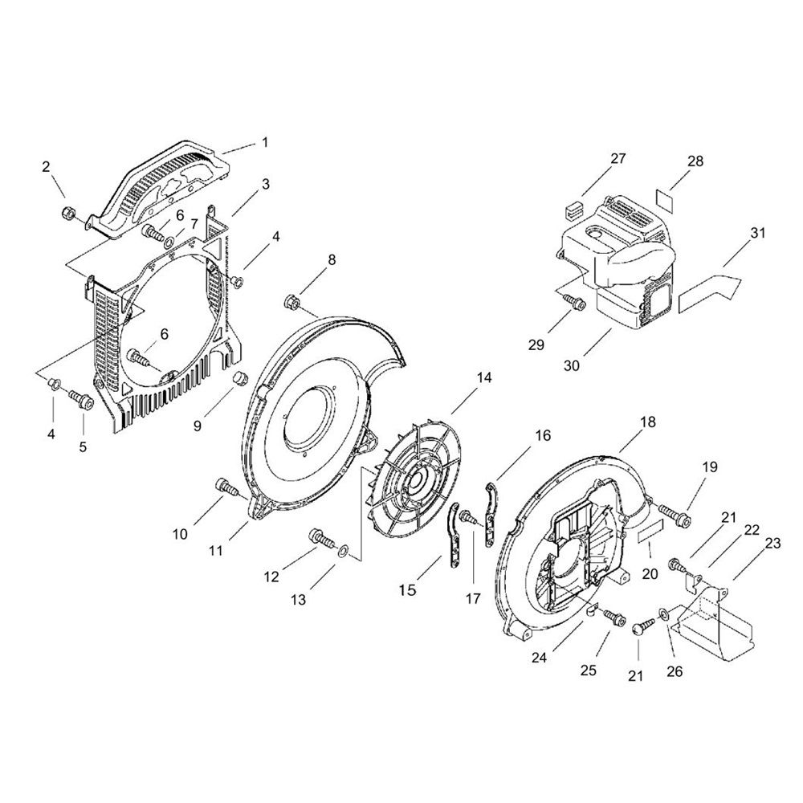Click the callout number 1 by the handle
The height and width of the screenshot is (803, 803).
[x=265, y=142]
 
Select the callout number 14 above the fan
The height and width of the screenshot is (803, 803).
[x=484, y=377]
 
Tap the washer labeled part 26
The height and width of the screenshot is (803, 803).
[x=662, y=613]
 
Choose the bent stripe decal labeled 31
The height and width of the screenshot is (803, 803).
[x=710, y=293]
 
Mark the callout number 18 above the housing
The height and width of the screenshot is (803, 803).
[x=647, y=422]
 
